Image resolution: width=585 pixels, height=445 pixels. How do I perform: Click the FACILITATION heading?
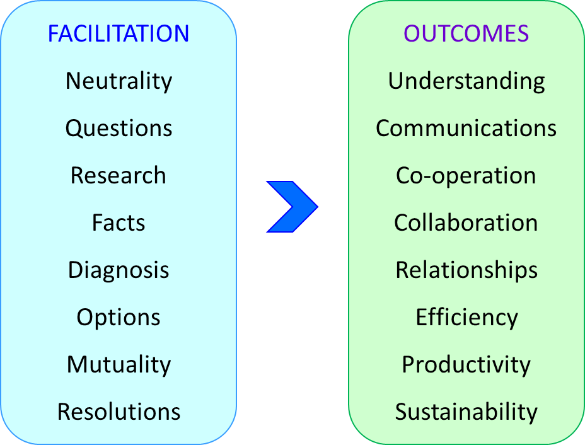(x=119, y=33)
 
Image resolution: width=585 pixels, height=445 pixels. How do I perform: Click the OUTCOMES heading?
(x=466, y=33)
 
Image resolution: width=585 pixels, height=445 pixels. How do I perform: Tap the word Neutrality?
(x=119, y=81)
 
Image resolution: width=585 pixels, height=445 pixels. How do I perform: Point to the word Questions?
(x=119, y=129)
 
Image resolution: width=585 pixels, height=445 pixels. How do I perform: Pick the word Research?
(x=119, y=175)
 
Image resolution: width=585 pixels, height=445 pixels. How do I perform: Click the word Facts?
(x=119, y=222)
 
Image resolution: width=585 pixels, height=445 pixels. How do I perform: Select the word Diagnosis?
(x=119, y=270)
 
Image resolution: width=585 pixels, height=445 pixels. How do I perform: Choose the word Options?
(x=119, y=318)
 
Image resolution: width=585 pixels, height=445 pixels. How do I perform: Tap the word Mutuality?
(x=119, y=365)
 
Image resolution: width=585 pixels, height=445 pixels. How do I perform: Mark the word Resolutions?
(x=119, y=412)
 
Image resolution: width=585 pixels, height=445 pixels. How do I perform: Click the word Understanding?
(x=466, y=81)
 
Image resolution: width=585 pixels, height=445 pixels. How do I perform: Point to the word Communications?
(x=466, y=129)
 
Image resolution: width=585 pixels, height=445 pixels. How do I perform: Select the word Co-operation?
(x=466, y=176)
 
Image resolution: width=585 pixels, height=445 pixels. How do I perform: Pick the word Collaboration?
(x=466, y=222)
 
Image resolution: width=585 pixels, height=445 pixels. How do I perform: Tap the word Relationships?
(x=466, y=270)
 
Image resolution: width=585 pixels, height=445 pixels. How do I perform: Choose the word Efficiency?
(x=466, y=318)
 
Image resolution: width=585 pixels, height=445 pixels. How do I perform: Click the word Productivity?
(x=466, y=365)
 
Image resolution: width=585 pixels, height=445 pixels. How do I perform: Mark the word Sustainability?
(x=466, y=412)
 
